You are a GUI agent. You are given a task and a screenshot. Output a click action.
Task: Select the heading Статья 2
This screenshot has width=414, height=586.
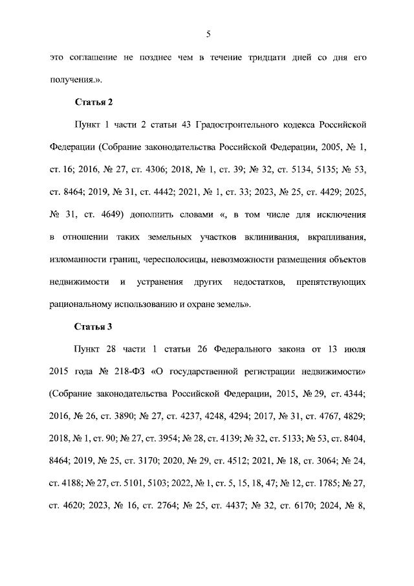[94, 102]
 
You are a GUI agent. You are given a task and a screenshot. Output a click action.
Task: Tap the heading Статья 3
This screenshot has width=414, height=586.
[94, 326]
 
